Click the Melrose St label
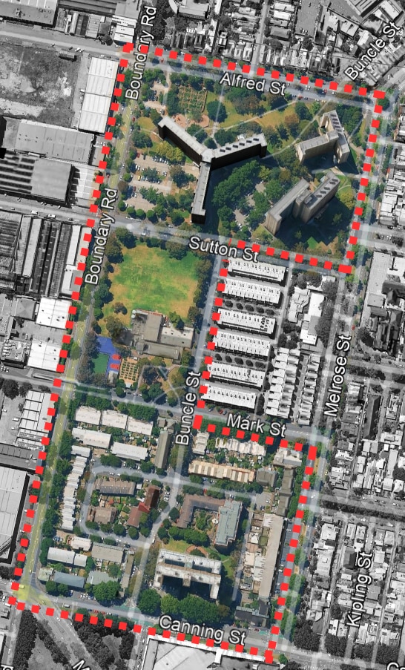(x=335, y=377)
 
